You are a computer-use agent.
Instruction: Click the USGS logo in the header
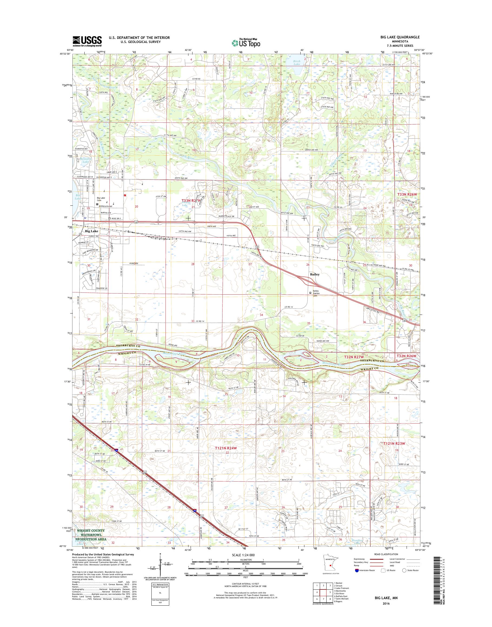[x=87, y=41]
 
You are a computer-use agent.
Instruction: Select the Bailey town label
[x=315, y=275]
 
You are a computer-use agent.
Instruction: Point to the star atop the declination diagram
[x=160, y=562]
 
